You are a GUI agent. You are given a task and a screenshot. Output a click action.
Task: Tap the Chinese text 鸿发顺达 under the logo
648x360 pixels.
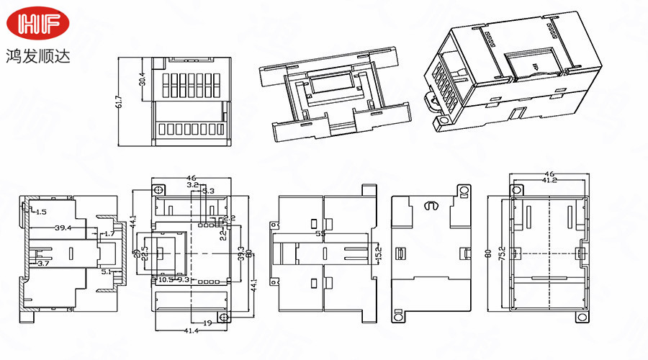point(37,55)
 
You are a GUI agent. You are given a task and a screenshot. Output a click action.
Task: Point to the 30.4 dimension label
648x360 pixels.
point(142,77)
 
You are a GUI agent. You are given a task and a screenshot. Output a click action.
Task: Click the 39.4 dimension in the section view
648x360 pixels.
point(63,228)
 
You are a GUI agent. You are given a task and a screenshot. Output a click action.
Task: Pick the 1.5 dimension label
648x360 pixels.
point(40,212)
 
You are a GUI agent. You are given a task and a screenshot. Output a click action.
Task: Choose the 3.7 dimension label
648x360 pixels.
point(42,264)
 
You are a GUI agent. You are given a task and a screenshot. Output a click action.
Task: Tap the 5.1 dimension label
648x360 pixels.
point(108,272)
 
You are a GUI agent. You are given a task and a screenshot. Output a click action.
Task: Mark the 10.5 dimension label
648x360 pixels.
point(166,279)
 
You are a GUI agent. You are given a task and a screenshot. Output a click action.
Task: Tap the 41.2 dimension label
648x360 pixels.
point(549,181)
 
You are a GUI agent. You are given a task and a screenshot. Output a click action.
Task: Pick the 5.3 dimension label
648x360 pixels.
point(207,191)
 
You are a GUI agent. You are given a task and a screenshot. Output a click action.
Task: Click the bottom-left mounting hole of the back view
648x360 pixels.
point(396,315)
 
